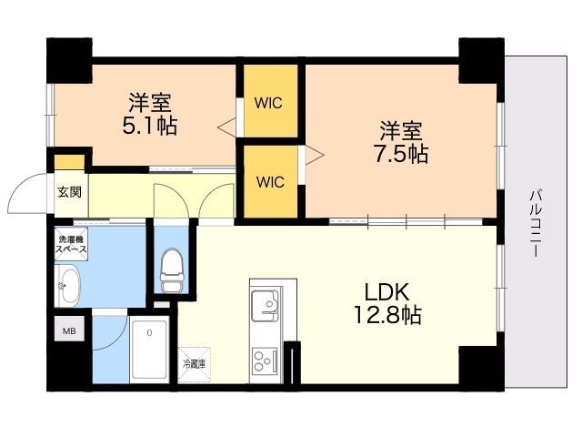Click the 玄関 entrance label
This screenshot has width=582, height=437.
tap(69, 192)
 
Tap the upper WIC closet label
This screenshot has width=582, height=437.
tap(268, 103)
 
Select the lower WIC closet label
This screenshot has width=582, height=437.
tap(270, 182)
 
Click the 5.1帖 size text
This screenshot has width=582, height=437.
tap(149, 126)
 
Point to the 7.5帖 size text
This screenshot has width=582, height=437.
tap(400, 154)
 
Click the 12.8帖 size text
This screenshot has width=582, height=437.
tap(387, 315)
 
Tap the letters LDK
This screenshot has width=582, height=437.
tap(387, 291)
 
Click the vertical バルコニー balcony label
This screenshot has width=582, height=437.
tap(536, 223)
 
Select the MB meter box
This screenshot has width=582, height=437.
tap(69, 329)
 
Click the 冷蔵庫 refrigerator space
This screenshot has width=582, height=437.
tap(194, 364)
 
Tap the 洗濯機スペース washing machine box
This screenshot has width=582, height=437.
tap(71, 244)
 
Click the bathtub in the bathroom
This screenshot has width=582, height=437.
tap(149, 350)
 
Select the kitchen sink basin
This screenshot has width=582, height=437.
tap(265, 306)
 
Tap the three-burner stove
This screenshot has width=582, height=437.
tap(265, 361)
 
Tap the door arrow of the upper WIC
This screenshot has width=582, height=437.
tap(226, 127)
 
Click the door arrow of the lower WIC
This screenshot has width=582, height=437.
tap(315, 155)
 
